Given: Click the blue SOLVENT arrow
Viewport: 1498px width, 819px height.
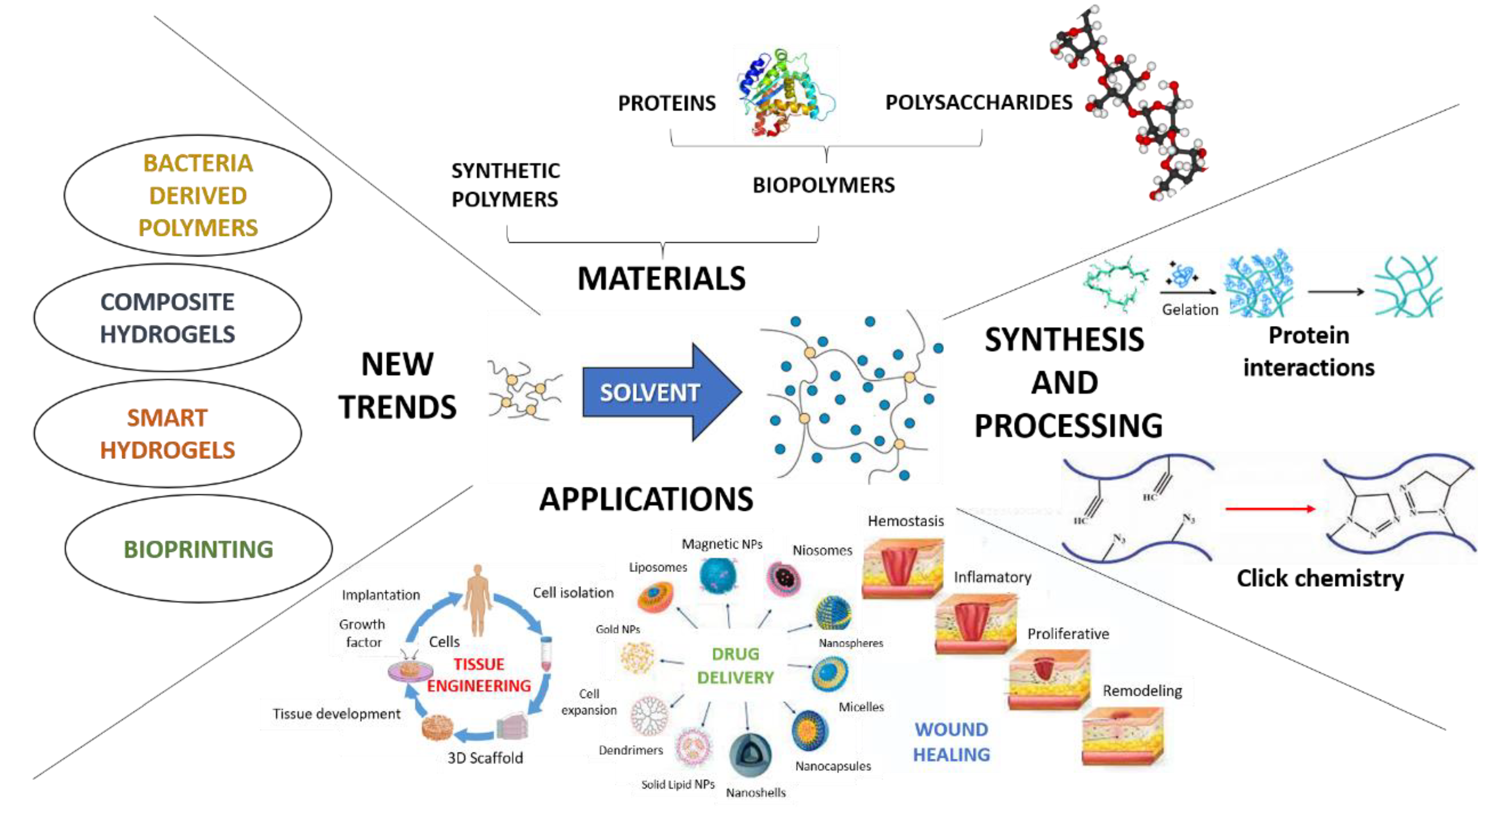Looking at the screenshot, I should pyautogui.click(x=657, y=392).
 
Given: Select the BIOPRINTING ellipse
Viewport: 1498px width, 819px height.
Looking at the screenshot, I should pyautogui.click(x=198, y=549).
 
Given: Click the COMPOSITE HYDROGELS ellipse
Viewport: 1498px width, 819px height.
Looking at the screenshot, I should pyautogui.click(x=167, y=317).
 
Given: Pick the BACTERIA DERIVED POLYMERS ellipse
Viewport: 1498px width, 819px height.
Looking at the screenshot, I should pyautogui.click(x=198, y=195).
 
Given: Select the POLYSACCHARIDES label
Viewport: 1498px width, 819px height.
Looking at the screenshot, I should pyautogui.click(x=978, y=102).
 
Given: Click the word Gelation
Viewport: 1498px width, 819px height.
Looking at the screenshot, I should pyautogui.click(x=1190, y=310).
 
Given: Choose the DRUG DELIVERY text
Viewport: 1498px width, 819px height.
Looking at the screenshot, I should pyautogui.click(x=735, y=665).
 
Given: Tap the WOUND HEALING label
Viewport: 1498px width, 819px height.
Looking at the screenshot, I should pyautogui.click(x=951, y=742).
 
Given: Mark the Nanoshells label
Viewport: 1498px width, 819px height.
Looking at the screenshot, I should pyautogui.click(x=755, y=792).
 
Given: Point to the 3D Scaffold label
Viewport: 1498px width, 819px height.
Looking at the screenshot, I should pyautogui.click(x=485, y=758).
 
